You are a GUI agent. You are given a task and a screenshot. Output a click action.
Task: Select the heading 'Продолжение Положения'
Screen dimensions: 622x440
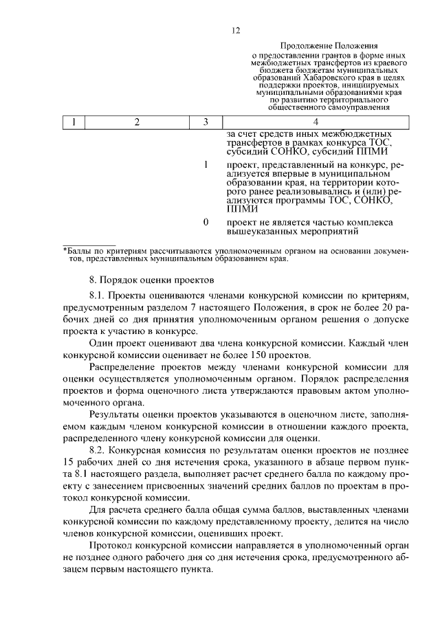320,45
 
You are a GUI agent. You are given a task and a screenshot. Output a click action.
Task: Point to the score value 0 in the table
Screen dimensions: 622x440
206,223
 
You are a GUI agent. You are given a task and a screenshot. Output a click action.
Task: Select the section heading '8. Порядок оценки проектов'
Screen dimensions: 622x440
152,280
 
